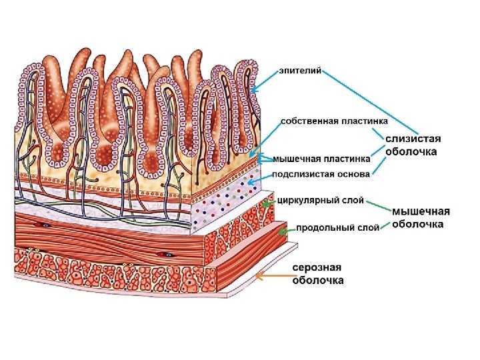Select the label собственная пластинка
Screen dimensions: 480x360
[x=335, y=121]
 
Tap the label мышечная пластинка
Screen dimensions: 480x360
[x=321, y=159]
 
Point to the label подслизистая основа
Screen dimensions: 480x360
[x=320, y=175]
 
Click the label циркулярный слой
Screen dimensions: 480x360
[x=320, y=199]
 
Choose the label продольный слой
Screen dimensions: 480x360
[x=337, y=227]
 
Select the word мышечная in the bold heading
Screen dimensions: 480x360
[x=421, y=211]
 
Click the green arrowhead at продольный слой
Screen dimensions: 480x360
[x=283, y=231]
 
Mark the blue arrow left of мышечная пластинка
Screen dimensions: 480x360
[x=263, y=159]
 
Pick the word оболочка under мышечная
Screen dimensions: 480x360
[x=417, y=225]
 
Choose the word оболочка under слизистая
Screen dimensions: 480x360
[x=411, y=152]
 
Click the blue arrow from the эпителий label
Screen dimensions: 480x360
[x=267, y=81]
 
